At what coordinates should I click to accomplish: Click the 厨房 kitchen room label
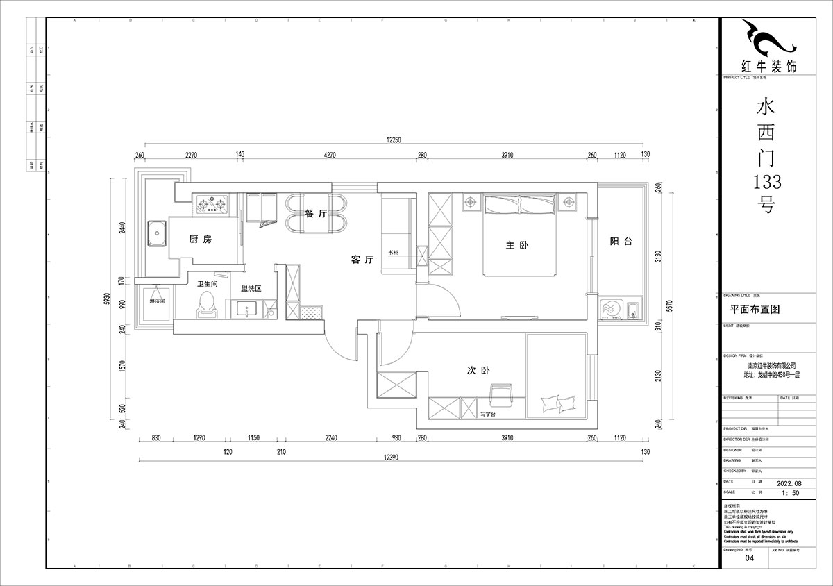coord(200,239)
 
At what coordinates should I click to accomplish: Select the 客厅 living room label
coord(362,260)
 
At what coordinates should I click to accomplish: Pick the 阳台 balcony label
coord(621,241)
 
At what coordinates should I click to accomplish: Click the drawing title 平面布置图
coord(752,310)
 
